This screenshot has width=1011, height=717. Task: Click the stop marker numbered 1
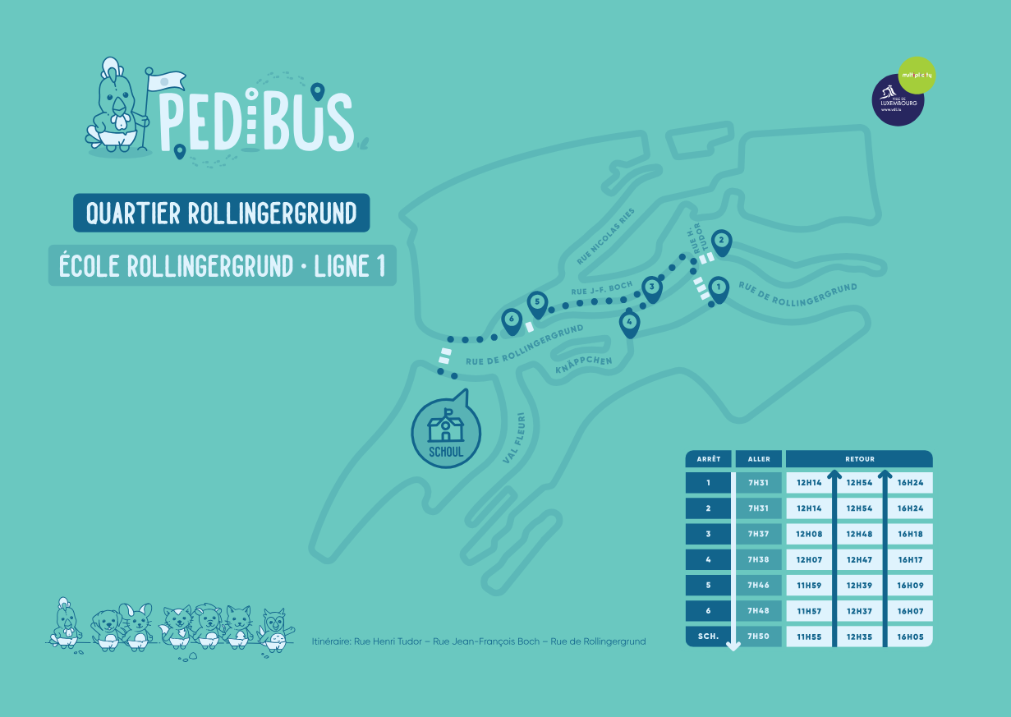719,288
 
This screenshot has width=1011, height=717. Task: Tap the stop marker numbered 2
721,241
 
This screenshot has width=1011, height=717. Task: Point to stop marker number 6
512,319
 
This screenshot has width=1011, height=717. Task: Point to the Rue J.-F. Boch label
602,290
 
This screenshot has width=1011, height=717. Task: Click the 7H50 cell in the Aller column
759,637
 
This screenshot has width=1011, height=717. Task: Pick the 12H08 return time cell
809,534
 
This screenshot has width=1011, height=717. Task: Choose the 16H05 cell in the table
910,637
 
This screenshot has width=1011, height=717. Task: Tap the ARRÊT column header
708,459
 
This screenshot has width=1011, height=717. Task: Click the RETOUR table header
859,459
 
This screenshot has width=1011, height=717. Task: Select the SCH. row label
708,637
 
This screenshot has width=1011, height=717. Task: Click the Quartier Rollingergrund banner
221,214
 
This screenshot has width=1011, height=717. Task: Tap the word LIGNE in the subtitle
345,266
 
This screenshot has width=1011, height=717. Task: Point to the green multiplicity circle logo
917,75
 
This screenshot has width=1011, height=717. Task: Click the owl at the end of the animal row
275,630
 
